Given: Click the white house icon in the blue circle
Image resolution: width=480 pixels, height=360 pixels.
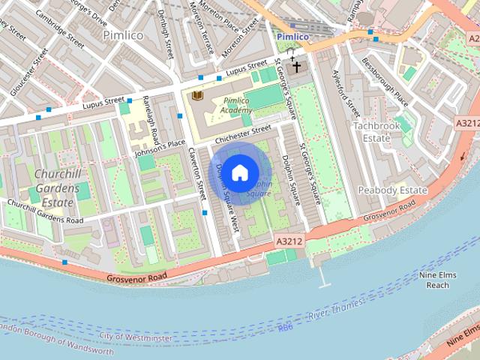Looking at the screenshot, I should click(239, 173).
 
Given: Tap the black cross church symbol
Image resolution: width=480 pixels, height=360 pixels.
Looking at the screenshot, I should click(296, 67).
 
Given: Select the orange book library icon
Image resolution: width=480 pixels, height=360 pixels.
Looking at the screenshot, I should click(197, 97).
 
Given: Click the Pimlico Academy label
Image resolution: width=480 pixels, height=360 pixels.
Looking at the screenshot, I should click(236, 106).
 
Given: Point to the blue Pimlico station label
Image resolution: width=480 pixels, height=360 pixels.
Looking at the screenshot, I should click(292, 36).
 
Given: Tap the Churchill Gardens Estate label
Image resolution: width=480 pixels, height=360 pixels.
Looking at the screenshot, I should click(56, 188).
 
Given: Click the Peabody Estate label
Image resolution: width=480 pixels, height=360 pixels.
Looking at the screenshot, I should click(392, 190).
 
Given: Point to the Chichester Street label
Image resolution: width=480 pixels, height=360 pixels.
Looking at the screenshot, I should click(241, 135).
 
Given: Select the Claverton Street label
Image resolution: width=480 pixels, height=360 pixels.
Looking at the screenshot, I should click(197, 172).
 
